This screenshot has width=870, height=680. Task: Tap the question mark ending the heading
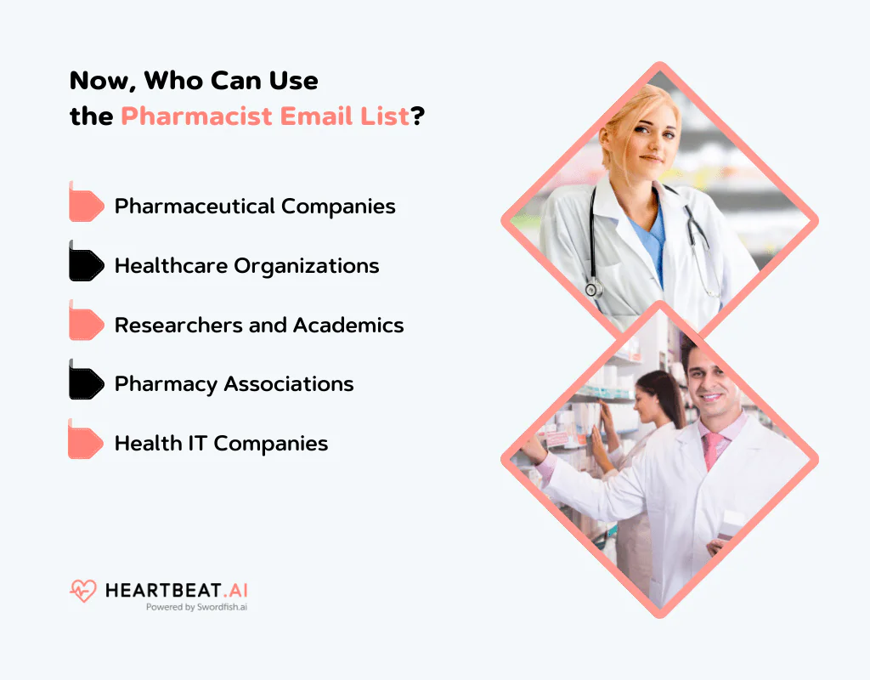pos(417,116)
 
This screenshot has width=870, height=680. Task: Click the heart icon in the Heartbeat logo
pos(83,591)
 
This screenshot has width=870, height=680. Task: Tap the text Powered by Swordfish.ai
pos(196,608)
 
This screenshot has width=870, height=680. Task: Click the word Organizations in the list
pos(307,265)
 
